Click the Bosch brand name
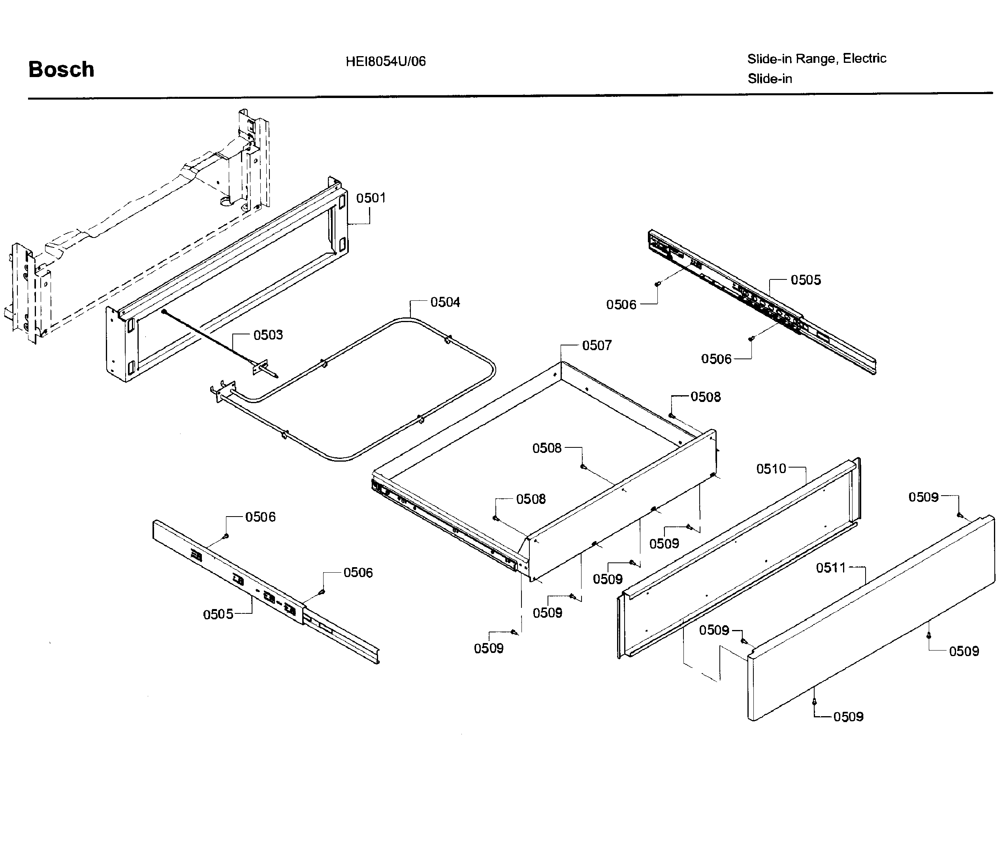[x=61, y=70]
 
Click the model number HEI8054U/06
[x=386, y=61]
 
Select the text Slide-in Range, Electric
[x=816, y=58]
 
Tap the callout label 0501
[x=371, y=198]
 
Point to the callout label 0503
[x=268, y=334]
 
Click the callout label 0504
[x=445, y=302]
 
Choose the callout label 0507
[x=597, y=345]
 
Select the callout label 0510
[x=771, y=469]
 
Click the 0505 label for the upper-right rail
[x=806, y=280]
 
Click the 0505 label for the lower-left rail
[x=218, y=614]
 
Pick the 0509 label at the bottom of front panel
[x=848, y=717]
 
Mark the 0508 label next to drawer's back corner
[x=706, y=397]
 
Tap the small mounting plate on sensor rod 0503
[x=261, y=367]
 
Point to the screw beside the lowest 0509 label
[x=814, y=702]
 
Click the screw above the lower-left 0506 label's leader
[x=226, y=536]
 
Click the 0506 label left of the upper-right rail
[x=621, y=305]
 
